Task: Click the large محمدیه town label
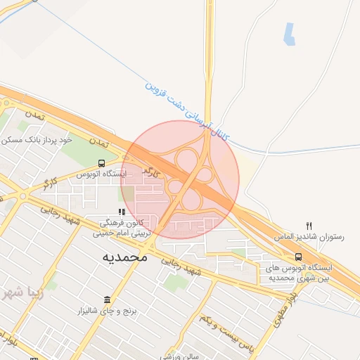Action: pyautogui.click(x=126, y=257)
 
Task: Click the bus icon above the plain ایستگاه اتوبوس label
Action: pyautogui.click(x=103, y=162)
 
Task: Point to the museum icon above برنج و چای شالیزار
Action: pyautogui.click(x=107, y=300)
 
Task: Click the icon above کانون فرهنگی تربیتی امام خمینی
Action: pyautogui.click(x=122, y=211)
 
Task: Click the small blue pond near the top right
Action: pyautogui.click(x=289, y=32)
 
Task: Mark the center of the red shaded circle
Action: pyautogui.click(x=180, y=179)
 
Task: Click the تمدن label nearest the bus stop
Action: pyautogui.click(x=105, y=143)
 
